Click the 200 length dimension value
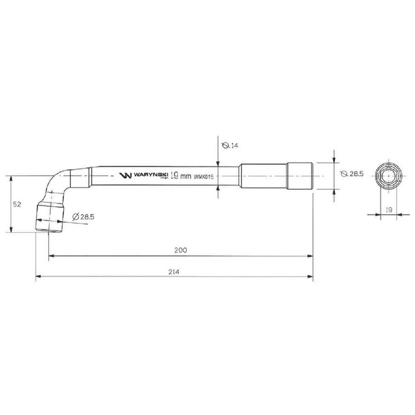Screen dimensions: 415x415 181,250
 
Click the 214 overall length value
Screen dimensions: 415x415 174,271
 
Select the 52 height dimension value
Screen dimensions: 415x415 17,204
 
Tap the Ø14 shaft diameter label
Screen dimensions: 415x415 230,145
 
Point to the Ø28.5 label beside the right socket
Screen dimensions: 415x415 352,173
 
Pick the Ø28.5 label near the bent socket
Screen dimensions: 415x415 83,217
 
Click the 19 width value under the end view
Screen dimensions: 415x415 389,210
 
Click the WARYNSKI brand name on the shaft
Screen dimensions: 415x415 150,175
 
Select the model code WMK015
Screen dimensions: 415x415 203,176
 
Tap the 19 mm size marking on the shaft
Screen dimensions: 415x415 180,176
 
